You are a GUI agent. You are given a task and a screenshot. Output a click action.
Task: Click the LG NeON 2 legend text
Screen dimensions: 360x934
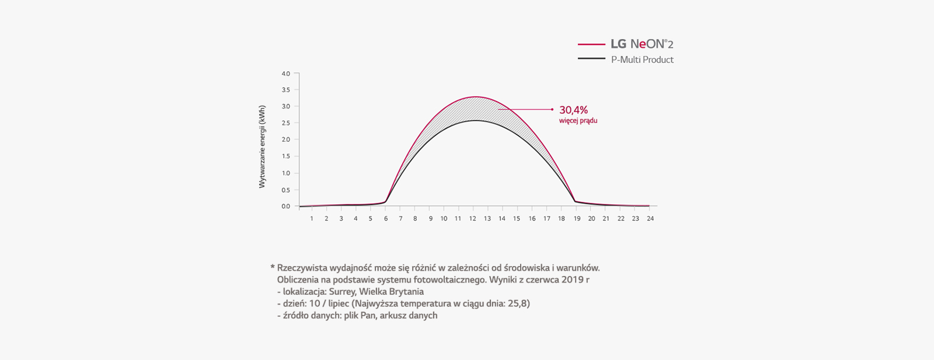pyautogui.click(x=642, y=44)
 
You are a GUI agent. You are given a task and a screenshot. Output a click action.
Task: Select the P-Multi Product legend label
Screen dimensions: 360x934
pyautogui.click(x=642, y=60)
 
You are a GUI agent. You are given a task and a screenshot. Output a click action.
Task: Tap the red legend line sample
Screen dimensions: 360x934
pyautogui.click(x=591, y=44)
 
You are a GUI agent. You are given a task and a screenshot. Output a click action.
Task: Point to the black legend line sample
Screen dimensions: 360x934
pyautogui.click(x=591, y=59)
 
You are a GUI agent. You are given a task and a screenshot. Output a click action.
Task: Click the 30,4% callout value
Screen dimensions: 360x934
pyautogui.click(x=573, y=110)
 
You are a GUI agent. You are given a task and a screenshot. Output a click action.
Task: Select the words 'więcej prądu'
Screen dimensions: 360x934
pyautogui.click(x=578, y=121)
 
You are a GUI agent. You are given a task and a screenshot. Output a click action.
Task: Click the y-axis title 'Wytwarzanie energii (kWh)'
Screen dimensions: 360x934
pyautogui.click(x=262, y=146)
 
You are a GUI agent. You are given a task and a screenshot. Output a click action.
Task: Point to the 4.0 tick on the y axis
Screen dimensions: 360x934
pyautogui.click(x=285, y=74)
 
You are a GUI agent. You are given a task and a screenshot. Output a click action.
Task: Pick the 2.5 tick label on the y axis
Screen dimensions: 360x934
pyautogui.click(x=285, y=123)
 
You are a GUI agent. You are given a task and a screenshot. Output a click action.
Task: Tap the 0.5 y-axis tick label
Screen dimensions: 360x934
pyautogui.click(x=285, y=190)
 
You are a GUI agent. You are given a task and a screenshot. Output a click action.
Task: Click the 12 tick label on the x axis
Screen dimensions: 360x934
pyautogui.click(x=472, y=219)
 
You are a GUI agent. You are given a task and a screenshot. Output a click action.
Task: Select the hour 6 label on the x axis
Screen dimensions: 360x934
pyautogui.click(x=385, y=219)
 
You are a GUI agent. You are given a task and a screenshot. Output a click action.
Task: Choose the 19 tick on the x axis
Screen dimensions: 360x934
pyautogui.click(x=577, y=219)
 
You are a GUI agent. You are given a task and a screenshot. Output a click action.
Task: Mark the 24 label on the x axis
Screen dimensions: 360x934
pyautogui.click(x=650, y=219)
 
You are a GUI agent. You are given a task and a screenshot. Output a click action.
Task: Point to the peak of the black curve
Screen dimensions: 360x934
pyautogui.click(x=476, y=120)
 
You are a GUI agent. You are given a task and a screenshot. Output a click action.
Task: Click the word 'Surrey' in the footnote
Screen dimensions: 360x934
pyautogui.click(x=341, y=292)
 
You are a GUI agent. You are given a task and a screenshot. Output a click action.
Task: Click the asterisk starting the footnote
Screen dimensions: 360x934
pyautogui.click(x=273, y=268)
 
